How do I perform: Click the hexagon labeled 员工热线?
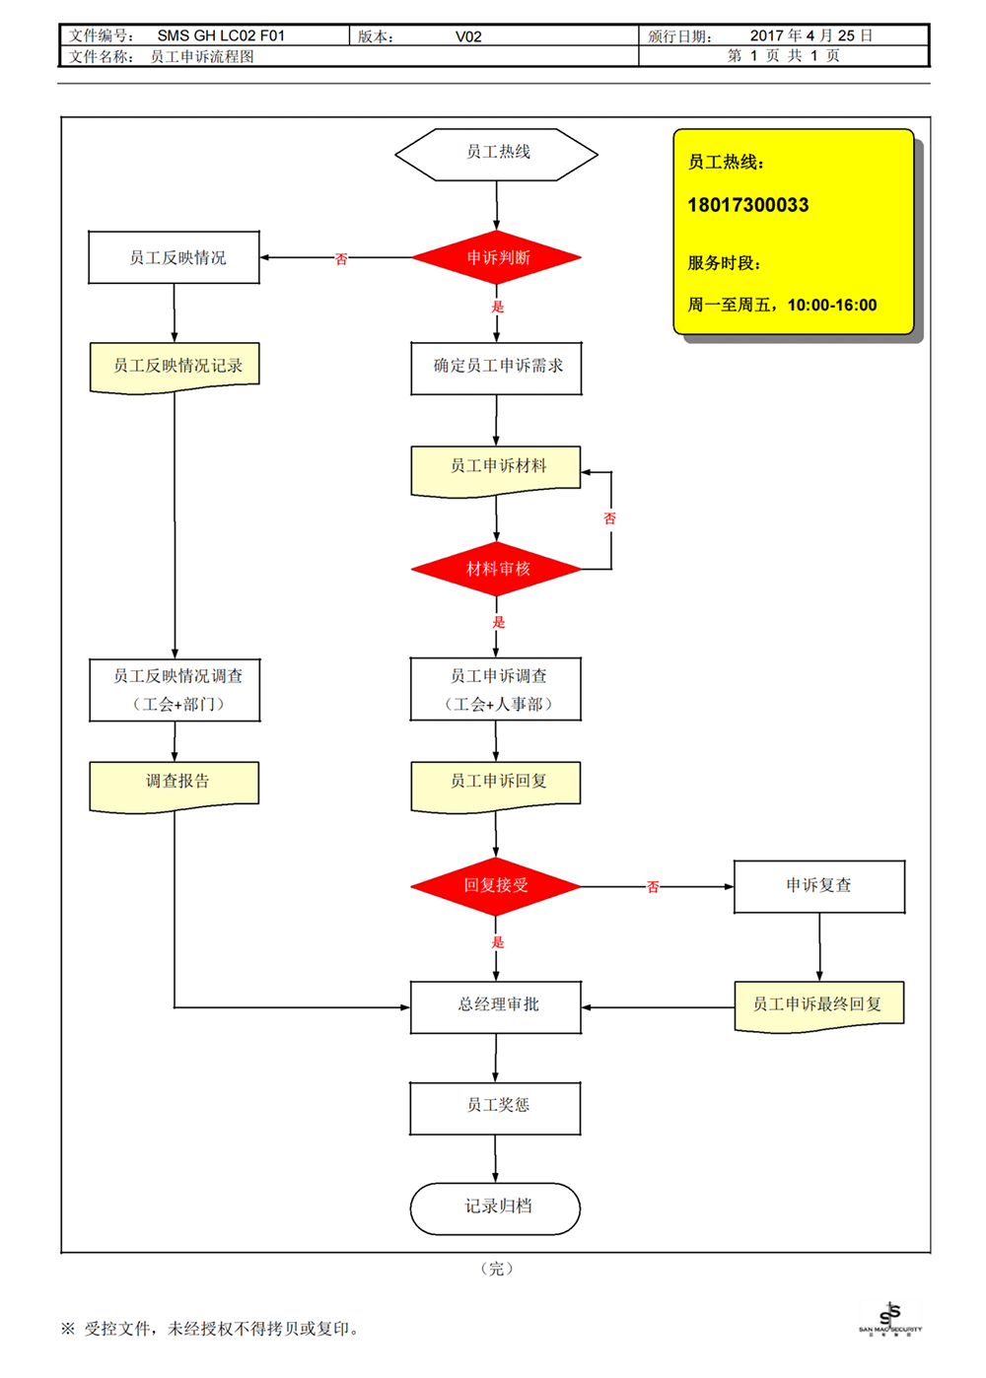(x=496, y=155)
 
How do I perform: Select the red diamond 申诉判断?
(x=496, y=257)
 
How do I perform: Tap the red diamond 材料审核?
(x=496, y=569)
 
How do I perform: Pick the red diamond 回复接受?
(x=495, y=886)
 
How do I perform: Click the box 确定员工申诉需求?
(x=496, y=368)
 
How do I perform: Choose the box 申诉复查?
(x=819, y=886)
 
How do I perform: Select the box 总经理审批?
(x=496, y=1007)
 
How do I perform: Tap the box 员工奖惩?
(x=495, y=1108)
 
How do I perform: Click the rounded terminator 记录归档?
(x=495, y=1208)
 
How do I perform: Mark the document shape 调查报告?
(x=175, y=788)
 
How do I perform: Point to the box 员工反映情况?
(x=175, y=257)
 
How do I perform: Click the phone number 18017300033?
(x=747, y=205)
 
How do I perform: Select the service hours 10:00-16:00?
(x=832, y=306)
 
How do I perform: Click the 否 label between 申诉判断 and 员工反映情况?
(x=341, y=259)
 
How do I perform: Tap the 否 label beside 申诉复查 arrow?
(x=653, y=887)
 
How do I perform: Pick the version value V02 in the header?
(x=468, y=36)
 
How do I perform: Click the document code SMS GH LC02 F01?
(x=221, y=35)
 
